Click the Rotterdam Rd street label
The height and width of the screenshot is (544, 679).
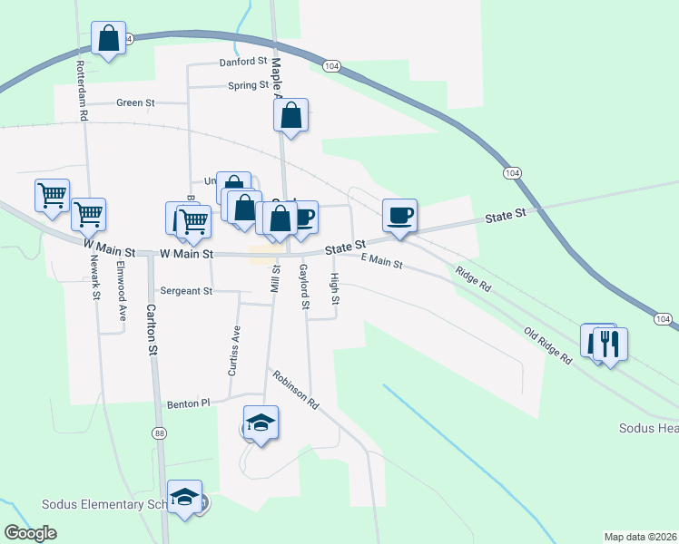(x=81, y=92)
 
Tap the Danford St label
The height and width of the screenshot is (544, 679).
(x=243, y=63)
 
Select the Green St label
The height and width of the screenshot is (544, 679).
(x=137, y=103)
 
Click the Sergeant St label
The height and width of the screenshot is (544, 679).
(x=186, y=291)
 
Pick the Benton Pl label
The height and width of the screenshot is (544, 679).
(x=188, y=403)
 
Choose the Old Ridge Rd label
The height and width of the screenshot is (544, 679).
(x=548, y=346)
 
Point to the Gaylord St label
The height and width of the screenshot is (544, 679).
(x=305, y=286)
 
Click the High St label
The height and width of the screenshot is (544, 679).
(x=335, y=288)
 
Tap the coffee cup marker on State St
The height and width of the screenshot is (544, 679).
(x=399, y=216)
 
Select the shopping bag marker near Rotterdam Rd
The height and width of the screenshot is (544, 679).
(x=109, y=40)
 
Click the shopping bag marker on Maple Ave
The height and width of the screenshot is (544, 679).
(x=290, y=116)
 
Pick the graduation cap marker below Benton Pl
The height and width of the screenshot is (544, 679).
(x=261, y=423)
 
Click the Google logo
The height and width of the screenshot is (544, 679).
(x=30, y=533)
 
